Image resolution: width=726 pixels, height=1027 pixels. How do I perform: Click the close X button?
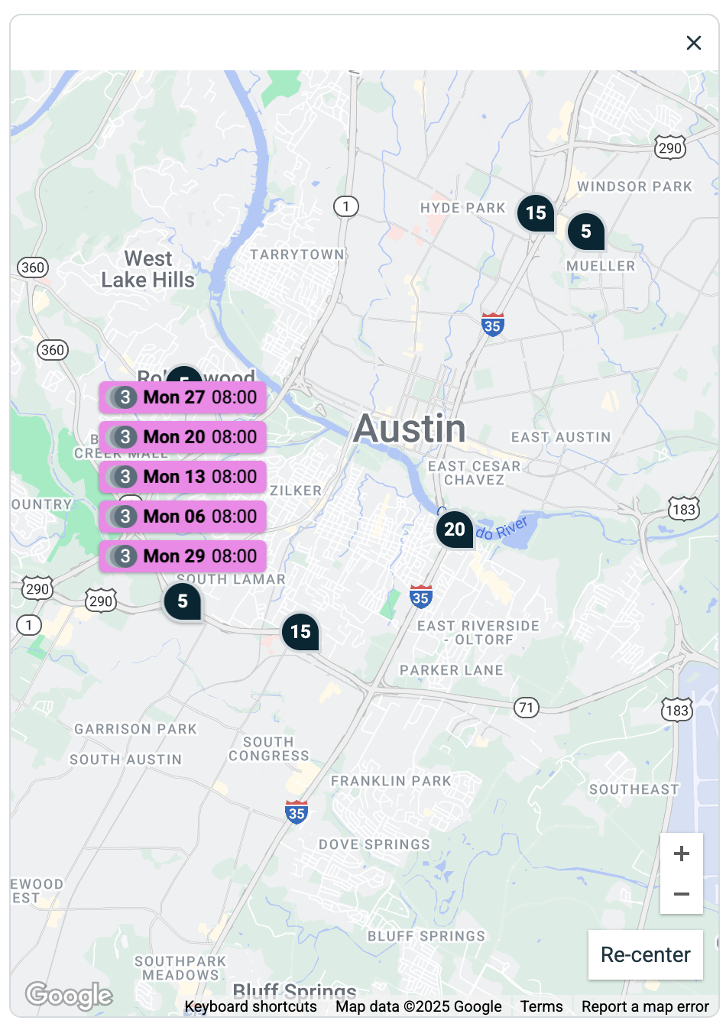[693, 43]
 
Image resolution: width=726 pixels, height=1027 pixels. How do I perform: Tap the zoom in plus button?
[682, 854]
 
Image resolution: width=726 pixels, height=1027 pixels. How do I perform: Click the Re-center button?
[645, 954]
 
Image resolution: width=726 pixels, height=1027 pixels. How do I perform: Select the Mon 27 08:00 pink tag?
[183, 397]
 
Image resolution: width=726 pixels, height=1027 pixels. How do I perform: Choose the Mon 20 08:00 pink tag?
[183, 437]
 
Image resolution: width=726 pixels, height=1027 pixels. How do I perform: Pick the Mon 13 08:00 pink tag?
[183, 477]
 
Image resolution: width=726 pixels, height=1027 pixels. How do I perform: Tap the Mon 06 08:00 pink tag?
[183, 517]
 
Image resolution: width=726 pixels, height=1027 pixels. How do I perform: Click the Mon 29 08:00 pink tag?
[183, 556]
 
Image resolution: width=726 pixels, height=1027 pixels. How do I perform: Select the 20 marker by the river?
[455, 529]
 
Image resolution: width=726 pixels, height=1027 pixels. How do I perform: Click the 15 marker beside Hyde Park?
[536, 212]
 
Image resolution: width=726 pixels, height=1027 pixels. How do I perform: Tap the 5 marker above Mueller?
[586, 231]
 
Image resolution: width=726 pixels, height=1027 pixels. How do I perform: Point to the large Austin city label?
[410, 429]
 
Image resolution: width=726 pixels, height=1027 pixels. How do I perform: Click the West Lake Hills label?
[148, 270]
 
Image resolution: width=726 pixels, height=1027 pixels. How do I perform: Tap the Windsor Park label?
[634, 186]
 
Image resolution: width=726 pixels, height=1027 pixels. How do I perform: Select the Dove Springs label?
[374, 844]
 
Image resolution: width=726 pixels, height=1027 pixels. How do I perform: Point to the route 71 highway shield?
[526, 708]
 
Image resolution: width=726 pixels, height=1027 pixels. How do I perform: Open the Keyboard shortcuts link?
[251, 1006]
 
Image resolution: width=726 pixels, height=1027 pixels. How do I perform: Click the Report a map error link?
[645, 1006]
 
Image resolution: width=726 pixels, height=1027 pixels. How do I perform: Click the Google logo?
[69, 995]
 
